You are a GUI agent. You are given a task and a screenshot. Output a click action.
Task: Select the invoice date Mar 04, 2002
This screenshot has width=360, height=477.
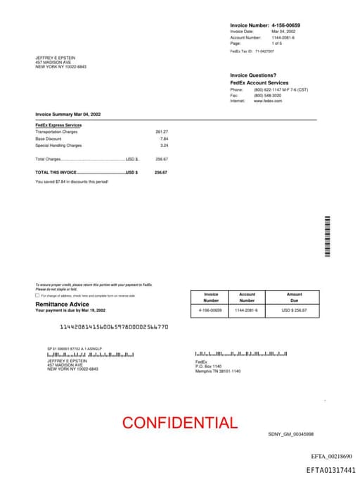(283, 32)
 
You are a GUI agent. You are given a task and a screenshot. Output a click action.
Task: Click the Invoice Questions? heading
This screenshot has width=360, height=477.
(253, 75)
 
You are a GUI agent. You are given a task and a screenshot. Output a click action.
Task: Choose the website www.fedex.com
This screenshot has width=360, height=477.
(268, 101)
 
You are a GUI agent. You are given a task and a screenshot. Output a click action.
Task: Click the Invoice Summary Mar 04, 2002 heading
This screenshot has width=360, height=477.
(68, 114)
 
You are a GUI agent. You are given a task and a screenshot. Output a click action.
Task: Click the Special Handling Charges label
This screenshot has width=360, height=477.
(58, 146)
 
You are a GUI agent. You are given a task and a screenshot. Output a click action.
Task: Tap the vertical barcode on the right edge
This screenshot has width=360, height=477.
(327, 238)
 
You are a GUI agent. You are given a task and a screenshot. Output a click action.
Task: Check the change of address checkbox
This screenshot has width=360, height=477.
(38, 295)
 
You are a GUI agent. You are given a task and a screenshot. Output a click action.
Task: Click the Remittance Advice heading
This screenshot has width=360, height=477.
(63, 304)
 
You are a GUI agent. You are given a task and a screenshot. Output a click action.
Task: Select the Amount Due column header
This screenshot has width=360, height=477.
(295, 297)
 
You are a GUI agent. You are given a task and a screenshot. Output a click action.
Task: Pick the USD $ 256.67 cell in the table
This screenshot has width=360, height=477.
(295, 310)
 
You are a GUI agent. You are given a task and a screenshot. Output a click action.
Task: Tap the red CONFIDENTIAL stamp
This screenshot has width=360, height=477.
(180, 423)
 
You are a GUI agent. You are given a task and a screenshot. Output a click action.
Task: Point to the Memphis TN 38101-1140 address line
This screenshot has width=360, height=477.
(217, 371)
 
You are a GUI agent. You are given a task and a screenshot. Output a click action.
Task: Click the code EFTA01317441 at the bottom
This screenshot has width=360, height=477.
(330, 470)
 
